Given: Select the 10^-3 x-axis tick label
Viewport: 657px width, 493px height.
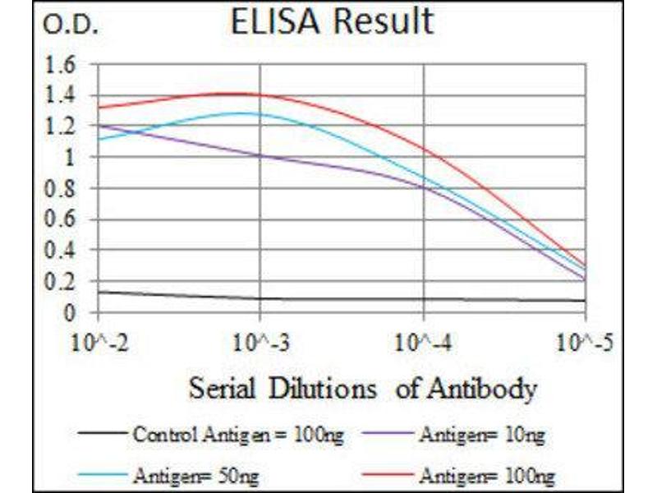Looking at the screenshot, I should click(260, 340).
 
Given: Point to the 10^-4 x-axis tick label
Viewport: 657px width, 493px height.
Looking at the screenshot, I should click(424, 340).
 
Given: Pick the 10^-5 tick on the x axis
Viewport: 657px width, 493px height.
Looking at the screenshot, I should click(585, 340).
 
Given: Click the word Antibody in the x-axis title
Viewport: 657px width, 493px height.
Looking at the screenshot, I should click(489, 388).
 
